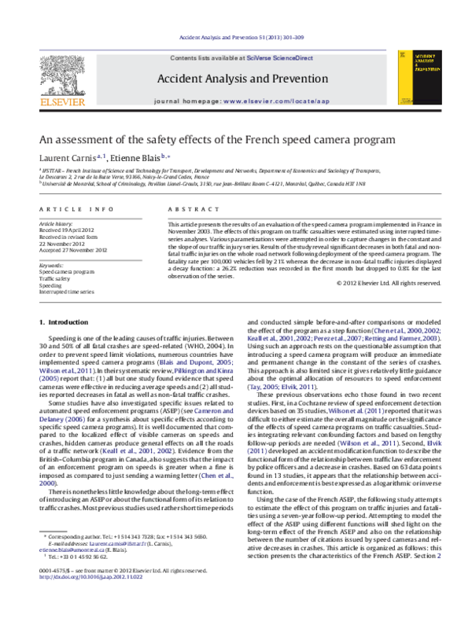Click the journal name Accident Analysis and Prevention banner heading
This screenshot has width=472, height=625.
[x=235, y=79]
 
